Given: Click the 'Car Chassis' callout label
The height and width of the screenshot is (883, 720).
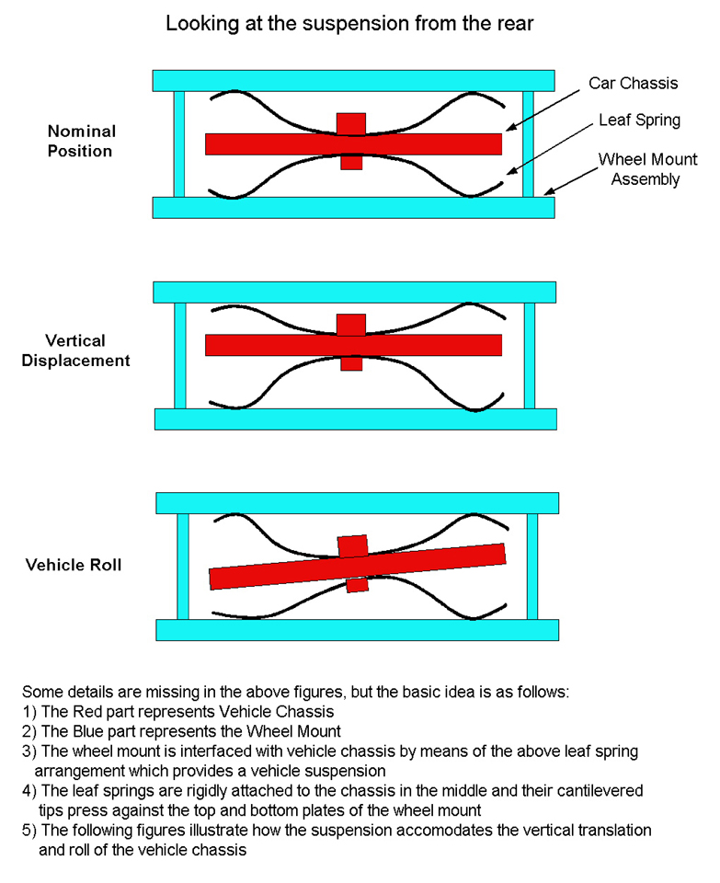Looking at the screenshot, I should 632,84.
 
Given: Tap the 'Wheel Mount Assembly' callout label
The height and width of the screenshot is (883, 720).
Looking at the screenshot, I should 639,169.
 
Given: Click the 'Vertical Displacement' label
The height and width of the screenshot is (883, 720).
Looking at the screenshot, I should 88,350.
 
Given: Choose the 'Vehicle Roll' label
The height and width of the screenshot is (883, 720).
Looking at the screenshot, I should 74,565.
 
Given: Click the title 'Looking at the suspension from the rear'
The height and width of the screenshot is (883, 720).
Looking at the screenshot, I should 349,25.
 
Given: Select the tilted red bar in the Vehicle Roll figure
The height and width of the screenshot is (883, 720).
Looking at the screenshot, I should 276,570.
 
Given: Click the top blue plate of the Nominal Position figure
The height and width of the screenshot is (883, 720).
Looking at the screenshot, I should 353,80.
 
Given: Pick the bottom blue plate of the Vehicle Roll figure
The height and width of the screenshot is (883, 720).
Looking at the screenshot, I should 357,630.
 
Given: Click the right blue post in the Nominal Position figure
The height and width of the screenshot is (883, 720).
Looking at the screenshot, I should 528,143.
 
